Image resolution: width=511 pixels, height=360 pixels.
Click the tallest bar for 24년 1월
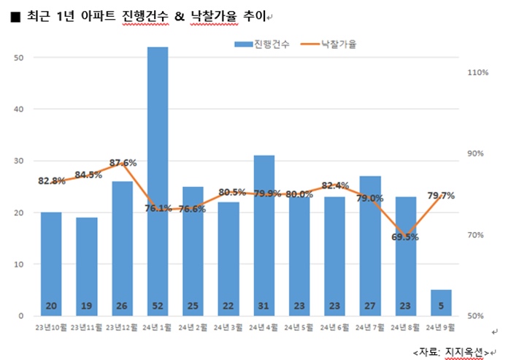click(x=158, y=175)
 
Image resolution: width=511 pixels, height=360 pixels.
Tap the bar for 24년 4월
click(x=264, y=234)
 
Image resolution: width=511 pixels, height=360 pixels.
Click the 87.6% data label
click(x=123, y=163)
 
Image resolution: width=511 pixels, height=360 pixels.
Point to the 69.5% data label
click(x=405, y=237)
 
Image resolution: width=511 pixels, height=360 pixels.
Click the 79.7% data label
click(x=441, y=195)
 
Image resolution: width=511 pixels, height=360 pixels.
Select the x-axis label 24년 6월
click(x=334, y=327)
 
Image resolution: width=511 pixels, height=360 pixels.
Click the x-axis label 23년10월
click(x=51, y=327)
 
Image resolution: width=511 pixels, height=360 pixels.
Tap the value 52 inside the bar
click(x=158, y=305)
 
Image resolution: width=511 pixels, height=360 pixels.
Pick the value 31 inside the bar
click(x=264, y=305)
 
